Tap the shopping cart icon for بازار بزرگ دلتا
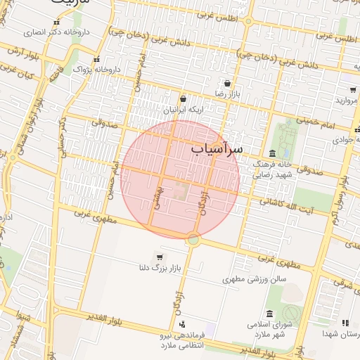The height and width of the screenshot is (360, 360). point(161,256)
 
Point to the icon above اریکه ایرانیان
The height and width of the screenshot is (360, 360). point(183,99)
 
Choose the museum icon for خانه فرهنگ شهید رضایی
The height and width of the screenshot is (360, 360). point(272,154)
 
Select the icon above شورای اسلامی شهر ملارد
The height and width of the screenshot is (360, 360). point(269,314)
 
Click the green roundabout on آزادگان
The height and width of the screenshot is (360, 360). point(193,240)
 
